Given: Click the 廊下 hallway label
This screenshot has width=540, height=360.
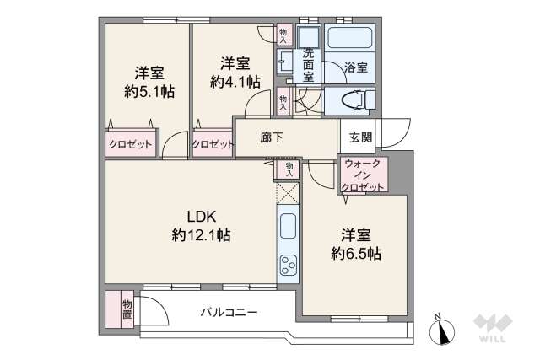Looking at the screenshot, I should tap(269, 137).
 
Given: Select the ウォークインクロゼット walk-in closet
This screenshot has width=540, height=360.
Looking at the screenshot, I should tap(362, 175).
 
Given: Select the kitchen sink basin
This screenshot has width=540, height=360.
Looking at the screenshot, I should tap(288, 227).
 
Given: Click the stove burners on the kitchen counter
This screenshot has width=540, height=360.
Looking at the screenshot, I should tap(288, 266).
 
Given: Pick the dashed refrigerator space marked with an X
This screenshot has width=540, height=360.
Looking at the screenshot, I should tap(288, 193).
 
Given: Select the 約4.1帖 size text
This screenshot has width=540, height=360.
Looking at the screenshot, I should tap(235, 81).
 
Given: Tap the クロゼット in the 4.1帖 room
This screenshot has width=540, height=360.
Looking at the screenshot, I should tap(213, 144).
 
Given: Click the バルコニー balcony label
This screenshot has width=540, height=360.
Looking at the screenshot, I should tap(228, 313).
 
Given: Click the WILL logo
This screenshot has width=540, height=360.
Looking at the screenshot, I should tap(494, 330).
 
